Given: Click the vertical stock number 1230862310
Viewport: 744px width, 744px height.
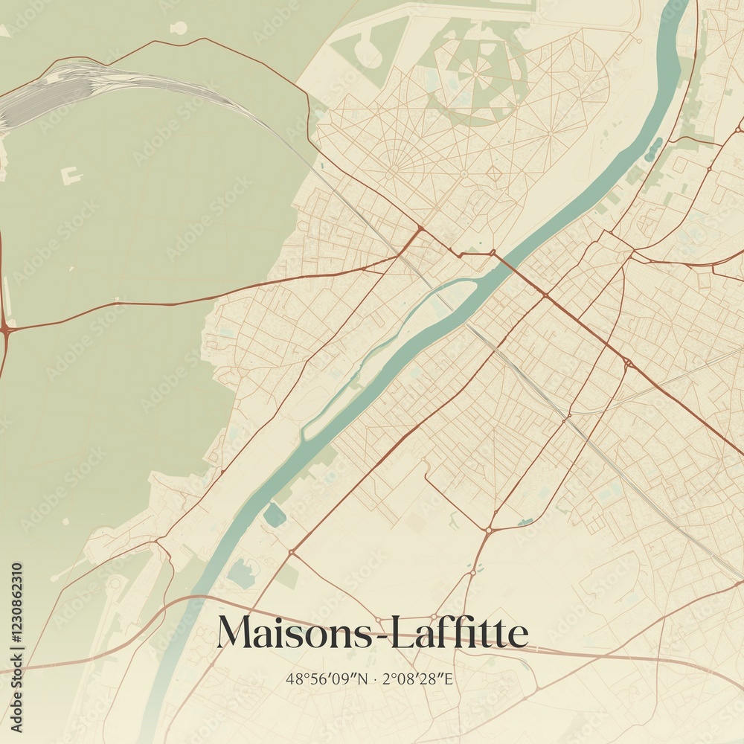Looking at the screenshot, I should [x=16, y=647].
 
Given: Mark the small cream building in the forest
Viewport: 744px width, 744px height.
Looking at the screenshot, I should [x=71, y=176].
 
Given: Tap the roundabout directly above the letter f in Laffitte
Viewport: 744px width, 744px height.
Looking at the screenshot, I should [x=488, y=530].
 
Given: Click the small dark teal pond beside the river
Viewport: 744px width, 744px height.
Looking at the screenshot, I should [x=274, y=515].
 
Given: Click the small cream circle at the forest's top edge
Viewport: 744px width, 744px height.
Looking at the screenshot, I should [x=179, y=28].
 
